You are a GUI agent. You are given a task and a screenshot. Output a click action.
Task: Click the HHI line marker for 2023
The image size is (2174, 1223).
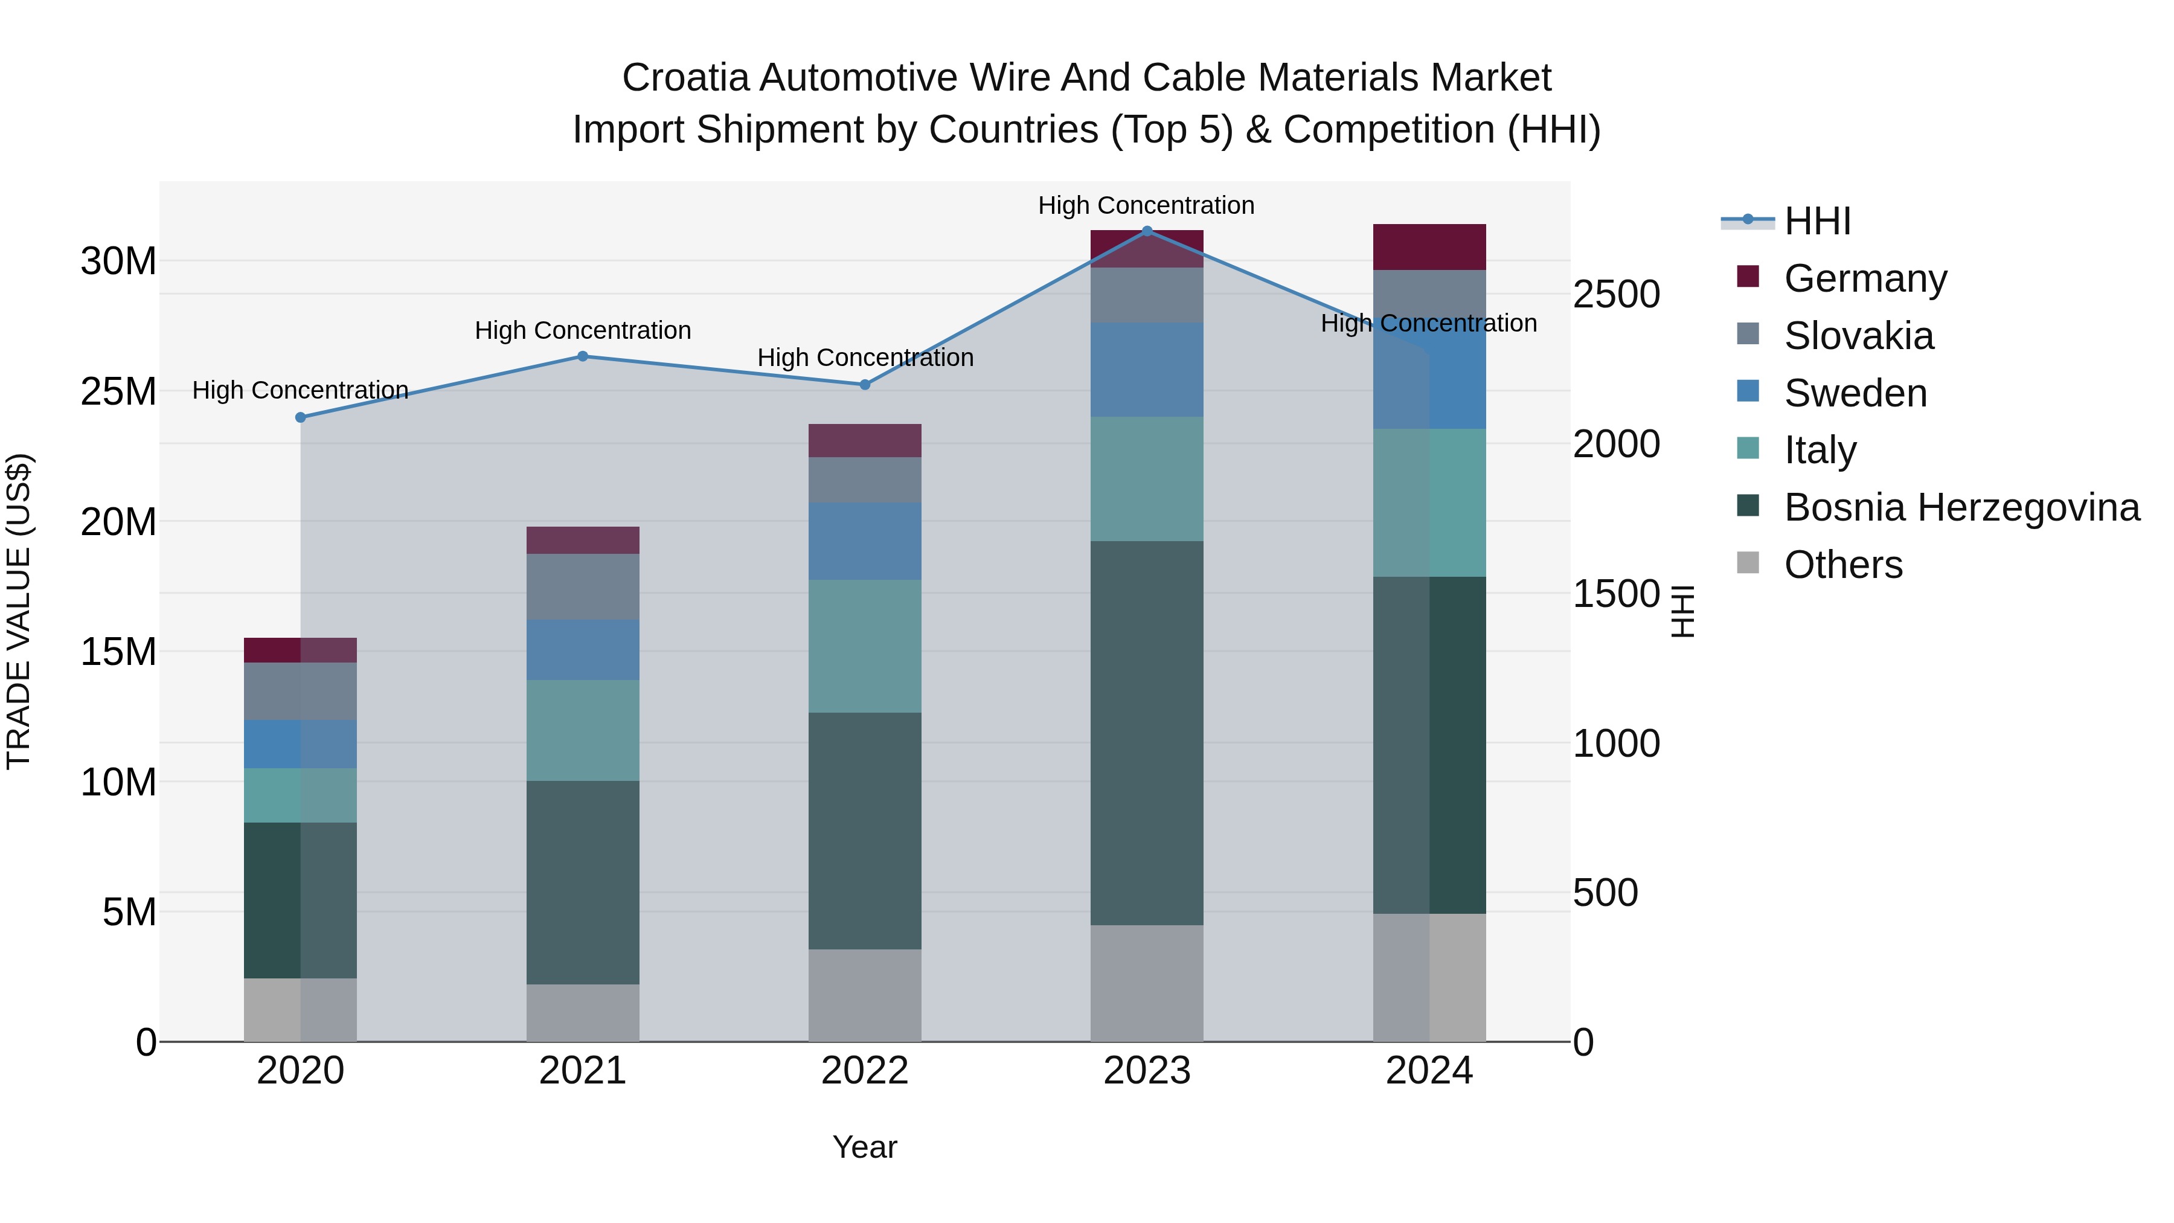click(x=1147, y=231)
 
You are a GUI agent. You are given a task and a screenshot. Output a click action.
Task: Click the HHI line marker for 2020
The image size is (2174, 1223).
click(x=301, y=417)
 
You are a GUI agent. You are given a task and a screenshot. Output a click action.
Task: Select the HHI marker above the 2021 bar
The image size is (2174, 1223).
click(x=582, y=356)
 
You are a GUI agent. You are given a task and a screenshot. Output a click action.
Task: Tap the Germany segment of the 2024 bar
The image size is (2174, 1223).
click(x=1429, y=247)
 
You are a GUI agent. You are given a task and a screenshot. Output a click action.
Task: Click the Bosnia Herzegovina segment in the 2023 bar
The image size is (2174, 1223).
click(x=1147, y=733)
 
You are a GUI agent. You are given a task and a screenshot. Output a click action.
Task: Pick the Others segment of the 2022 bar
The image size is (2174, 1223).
click(x=864, y=995)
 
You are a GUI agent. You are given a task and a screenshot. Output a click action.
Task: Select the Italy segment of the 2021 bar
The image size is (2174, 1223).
click(x=582, y=730)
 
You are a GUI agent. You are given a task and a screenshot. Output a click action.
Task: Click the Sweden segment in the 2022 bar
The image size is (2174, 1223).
click(x=864, y=541)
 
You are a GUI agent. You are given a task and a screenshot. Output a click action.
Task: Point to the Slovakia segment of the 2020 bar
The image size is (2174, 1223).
click(x=301, y=692)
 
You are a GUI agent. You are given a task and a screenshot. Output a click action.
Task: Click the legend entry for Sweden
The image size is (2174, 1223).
click(x=1855, y=393)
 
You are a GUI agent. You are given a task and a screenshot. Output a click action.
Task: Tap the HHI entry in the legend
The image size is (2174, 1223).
click(x=1817, y=221)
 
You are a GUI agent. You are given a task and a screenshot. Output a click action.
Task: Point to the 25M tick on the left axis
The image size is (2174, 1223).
click(x=118, y=391)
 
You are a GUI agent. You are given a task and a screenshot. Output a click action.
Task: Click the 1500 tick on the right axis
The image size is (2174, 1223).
click(x=1616, y=594)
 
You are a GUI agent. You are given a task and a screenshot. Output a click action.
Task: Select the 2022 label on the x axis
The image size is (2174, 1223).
click(x=864, y=1071)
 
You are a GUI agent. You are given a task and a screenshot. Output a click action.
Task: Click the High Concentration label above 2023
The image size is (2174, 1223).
click(x=1146, y=205)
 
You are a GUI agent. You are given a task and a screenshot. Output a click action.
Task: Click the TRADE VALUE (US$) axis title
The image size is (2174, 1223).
click(x=19, y=611)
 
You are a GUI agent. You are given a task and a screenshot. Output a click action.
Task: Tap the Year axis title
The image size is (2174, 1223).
click(x=864, y=1147)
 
